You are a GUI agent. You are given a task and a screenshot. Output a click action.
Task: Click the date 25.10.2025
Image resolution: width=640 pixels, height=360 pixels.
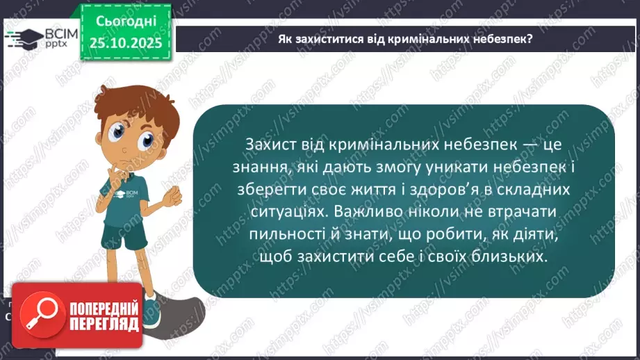pos(125,42)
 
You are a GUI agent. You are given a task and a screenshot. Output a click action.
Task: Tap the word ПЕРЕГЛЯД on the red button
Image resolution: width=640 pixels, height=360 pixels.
pos(104,324)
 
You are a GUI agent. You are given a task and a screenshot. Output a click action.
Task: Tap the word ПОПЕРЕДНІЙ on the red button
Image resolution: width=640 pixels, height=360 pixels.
pos(104,309)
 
